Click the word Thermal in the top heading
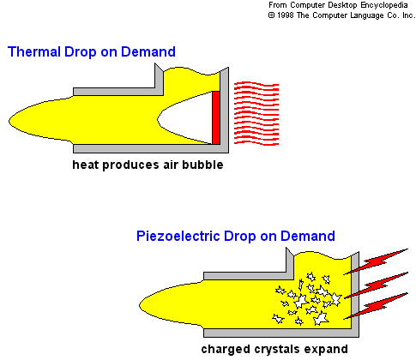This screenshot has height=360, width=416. click(34, 51)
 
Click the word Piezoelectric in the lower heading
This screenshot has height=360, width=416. click(178, 237)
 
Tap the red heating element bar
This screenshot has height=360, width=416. click(216, 117)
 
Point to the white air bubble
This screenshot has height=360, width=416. click(185, 117)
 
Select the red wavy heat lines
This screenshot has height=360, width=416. click(256, 113)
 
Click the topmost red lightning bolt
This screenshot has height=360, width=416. click(376, 261)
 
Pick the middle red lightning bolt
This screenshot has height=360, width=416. click(376, 285)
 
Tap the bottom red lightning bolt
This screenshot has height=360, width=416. click(376, 306)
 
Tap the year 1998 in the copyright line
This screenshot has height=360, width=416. click(285, 15)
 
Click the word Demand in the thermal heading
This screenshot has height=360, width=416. click(148, 51)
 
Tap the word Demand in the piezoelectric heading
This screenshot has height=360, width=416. click(308, 237)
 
